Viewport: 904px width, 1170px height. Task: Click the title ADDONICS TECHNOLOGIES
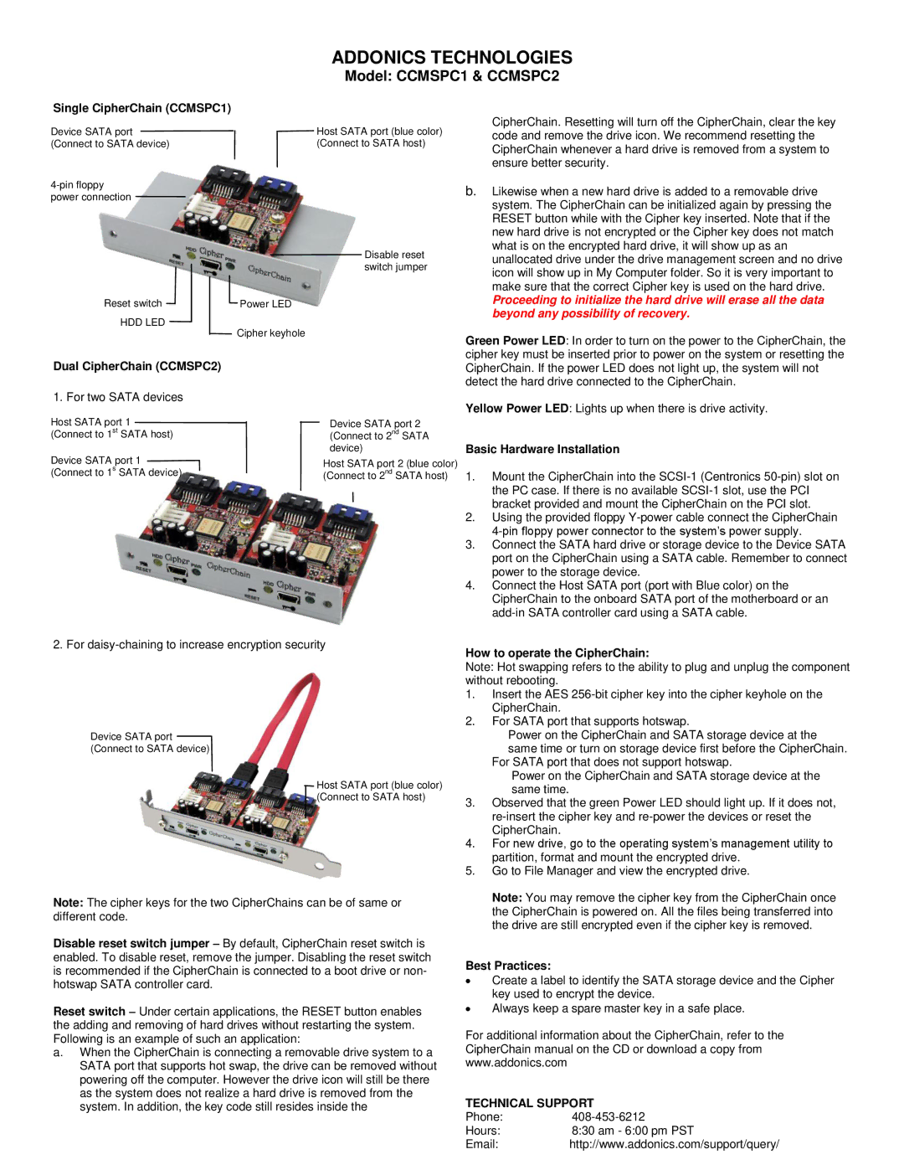coord(452,58)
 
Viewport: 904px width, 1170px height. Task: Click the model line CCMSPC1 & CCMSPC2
coord(452,76)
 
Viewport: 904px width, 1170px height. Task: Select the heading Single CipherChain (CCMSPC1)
coord(141,108)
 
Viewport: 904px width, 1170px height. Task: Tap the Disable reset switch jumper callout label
coord(395,260)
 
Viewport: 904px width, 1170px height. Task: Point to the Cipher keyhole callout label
coord(270,333)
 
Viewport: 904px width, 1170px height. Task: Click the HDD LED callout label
coord(142,322)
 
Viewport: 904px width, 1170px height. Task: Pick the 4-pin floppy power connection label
coord(90,191)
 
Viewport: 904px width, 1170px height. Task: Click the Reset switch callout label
coord(132,304)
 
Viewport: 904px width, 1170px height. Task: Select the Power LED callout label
coord(265,304)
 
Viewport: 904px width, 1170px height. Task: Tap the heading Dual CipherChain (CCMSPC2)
coord(136,366)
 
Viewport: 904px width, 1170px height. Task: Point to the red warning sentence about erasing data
coord(658,307)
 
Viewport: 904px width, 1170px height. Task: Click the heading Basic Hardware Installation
coord(542,450)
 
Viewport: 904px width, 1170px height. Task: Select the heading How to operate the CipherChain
coord(557,653)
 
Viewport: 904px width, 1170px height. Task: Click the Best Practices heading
coord(508,966)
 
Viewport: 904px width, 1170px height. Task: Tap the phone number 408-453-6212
coord(609,1117)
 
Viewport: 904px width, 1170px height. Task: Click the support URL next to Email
coord(674,1144)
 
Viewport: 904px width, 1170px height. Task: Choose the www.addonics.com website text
coord(516,1063)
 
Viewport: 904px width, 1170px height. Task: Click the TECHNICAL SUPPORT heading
coord(529,1103)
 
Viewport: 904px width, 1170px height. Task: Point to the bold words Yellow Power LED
coord(516,409)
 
